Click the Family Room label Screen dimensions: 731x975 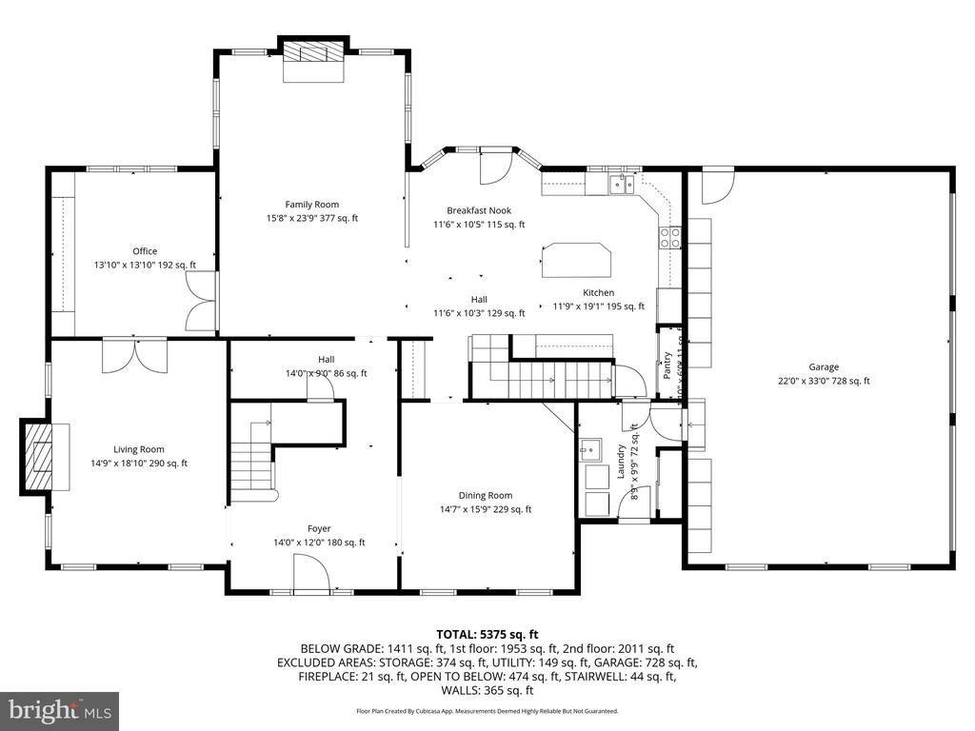point(311,204)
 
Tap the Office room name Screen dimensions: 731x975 point(145,251)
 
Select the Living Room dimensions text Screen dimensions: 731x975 point(139,464)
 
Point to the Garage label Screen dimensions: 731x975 point(824,366)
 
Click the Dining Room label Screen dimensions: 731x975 point(486,495)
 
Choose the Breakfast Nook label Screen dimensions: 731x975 point(479,210)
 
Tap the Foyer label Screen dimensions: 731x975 point(319,528)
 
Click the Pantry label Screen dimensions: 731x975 point(667,363)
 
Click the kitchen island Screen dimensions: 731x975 point(576,260)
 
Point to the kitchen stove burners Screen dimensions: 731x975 point(670,237)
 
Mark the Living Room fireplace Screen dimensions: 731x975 point(39,456)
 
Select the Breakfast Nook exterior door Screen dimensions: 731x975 point(494,168)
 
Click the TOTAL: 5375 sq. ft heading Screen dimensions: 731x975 point(487,634)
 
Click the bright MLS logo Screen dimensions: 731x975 point(59,710)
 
